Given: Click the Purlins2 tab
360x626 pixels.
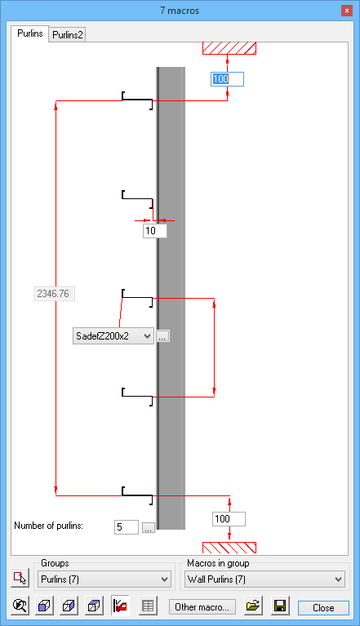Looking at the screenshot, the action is (x=68, y=35).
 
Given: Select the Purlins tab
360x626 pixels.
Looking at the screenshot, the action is (x=30, y=33).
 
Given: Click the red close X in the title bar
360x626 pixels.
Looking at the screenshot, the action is (x=346, y=11).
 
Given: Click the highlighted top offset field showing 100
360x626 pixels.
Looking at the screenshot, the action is (x=227, y=79).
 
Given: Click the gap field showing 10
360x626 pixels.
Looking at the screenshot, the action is (x=155, y=231).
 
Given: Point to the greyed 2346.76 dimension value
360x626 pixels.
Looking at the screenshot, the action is (x=54, y=294).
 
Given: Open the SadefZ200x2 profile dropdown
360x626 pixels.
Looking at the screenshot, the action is (x=113, y=335).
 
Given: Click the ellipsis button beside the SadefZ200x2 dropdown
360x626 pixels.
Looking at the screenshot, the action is (x=162, y=336).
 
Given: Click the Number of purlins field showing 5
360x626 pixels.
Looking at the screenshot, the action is (x=126, y=527).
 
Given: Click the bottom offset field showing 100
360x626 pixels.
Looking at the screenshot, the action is (x=229, y=519).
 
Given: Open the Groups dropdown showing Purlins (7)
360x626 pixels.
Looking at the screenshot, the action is (x=104, y=579).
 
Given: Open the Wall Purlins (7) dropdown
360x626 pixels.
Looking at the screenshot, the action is (x=264, y=579).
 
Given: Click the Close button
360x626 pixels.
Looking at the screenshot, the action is (x=323, y=607).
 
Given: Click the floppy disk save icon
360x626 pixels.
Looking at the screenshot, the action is (x=280, y=606).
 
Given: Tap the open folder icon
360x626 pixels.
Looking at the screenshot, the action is (x=253, y=606).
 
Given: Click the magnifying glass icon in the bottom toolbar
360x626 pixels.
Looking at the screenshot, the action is (x=20, y=606).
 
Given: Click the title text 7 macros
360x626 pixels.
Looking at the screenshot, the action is (x=180, y=11).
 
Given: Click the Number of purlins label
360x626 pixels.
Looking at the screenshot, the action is (x=49, y=526).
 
